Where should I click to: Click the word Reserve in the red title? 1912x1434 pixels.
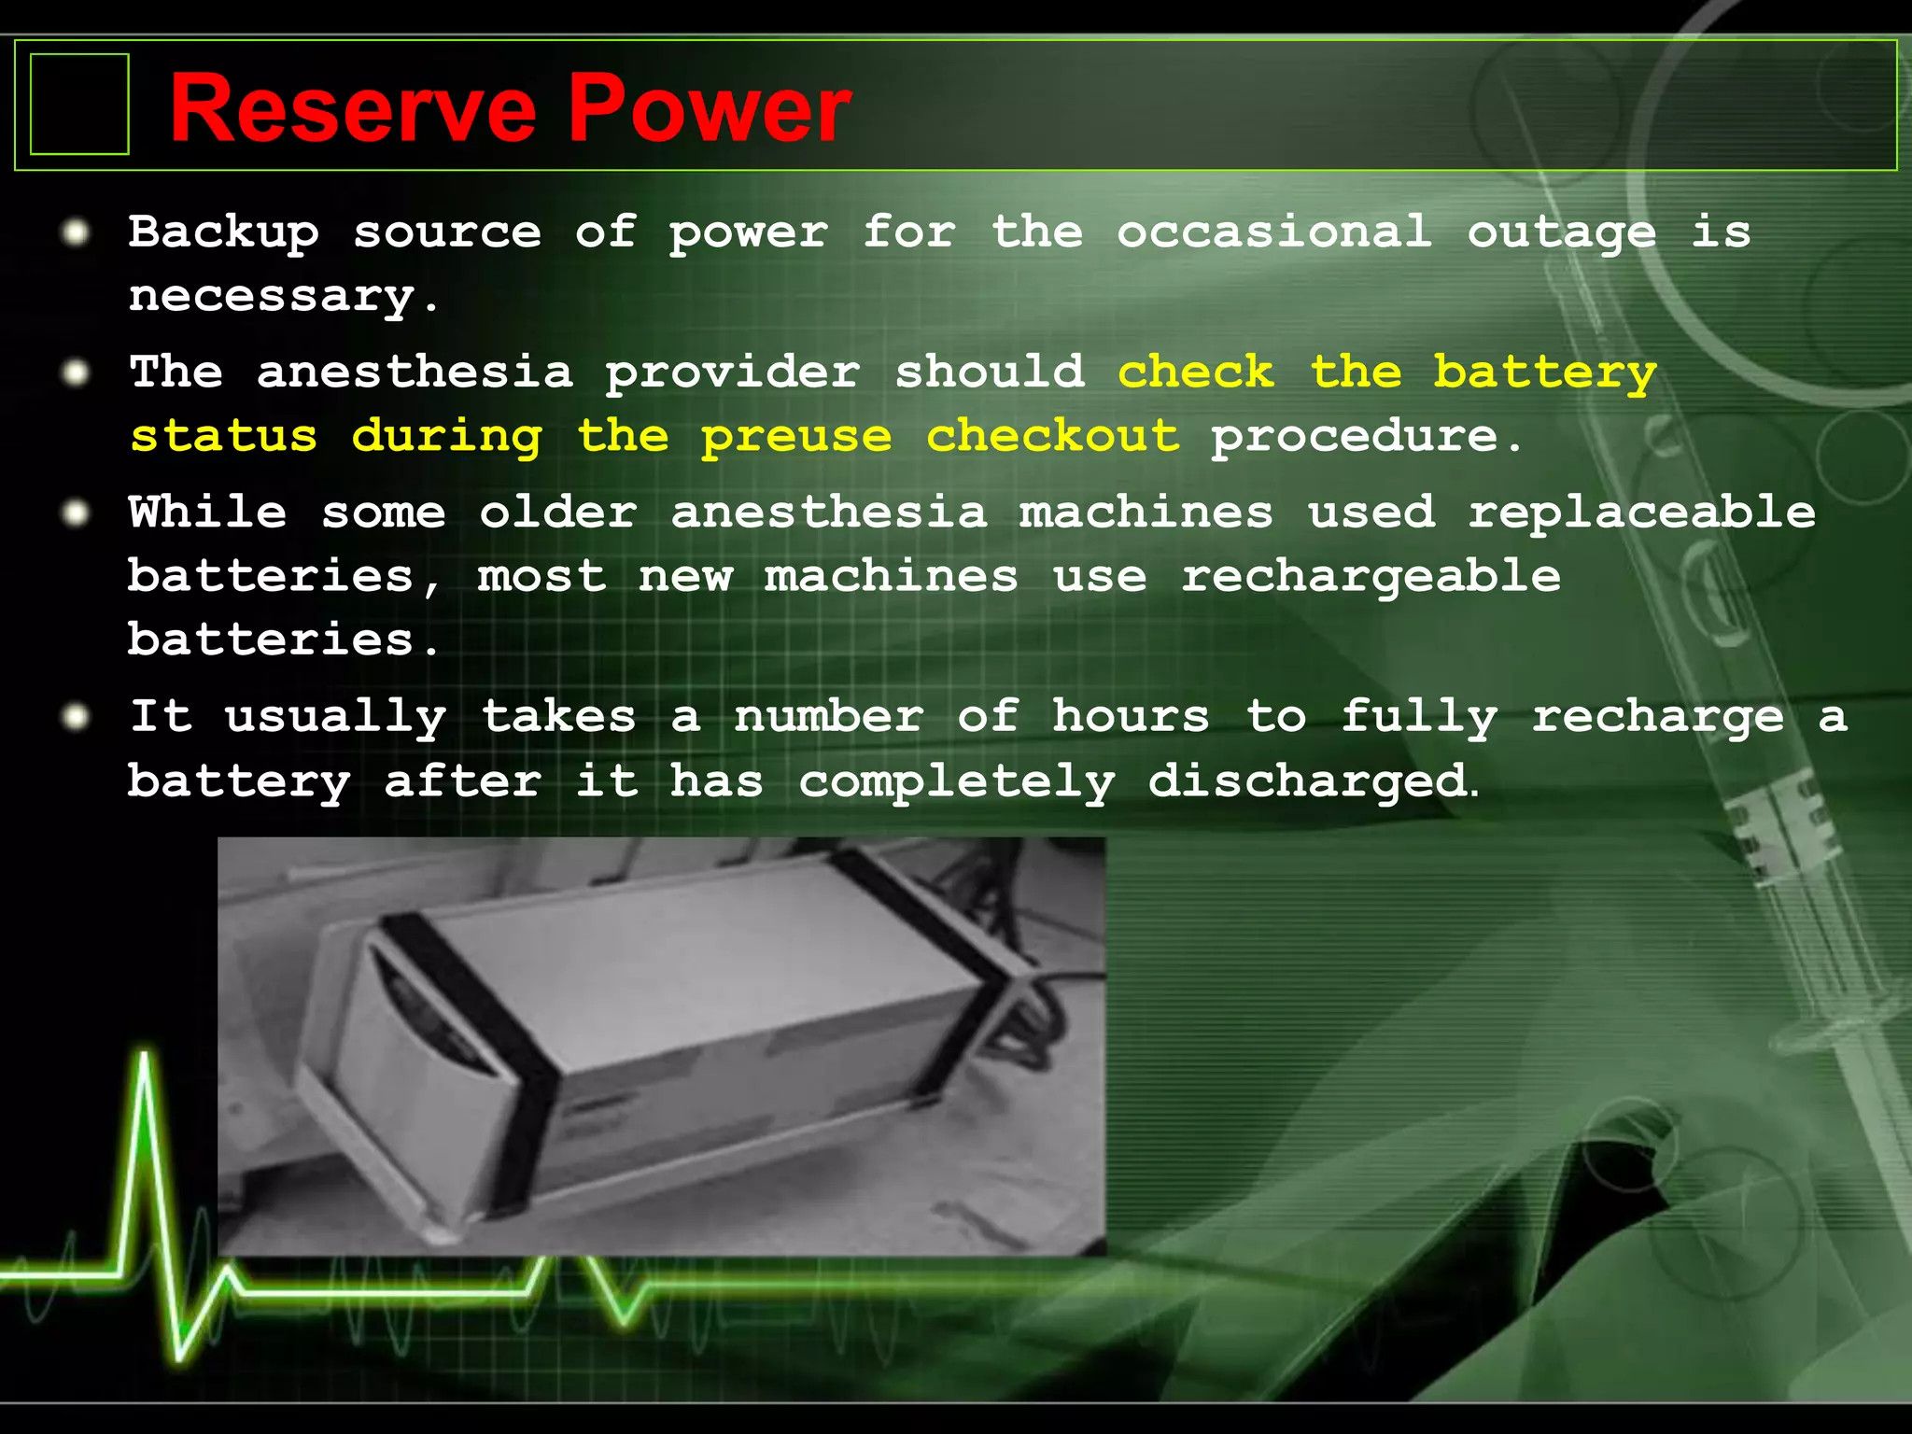[x=353, y=109]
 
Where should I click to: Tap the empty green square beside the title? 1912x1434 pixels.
[x=79, y=104]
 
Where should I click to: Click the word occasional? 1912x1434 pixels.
[x=1274, y=232]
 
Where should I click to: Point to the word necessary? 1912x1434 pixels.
[x=272, y=298]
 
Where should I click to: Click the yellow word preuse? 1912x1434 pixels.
[x=796, y=437]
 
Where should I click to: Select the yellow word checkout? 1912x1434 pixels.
[x=1052, y=435]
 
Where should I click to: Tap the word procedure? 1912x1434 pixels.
[x=1355, y=437]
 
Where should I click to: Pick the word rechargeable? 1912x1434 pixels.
[x=1371, y=577]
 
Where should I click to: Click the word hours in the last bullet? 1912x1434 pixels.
[x=1131, y=717]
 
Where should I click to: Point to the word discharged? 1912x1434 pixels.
[x=1308, y=781]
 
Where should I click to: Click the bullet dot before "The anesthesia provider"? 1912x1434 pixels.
[x=76, y=373]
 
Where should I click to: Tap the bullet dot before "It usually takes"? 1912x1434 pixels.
[x=76, y=717]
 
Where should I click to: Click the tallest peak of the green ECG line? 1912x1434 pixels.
[x=145, y=1060]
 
